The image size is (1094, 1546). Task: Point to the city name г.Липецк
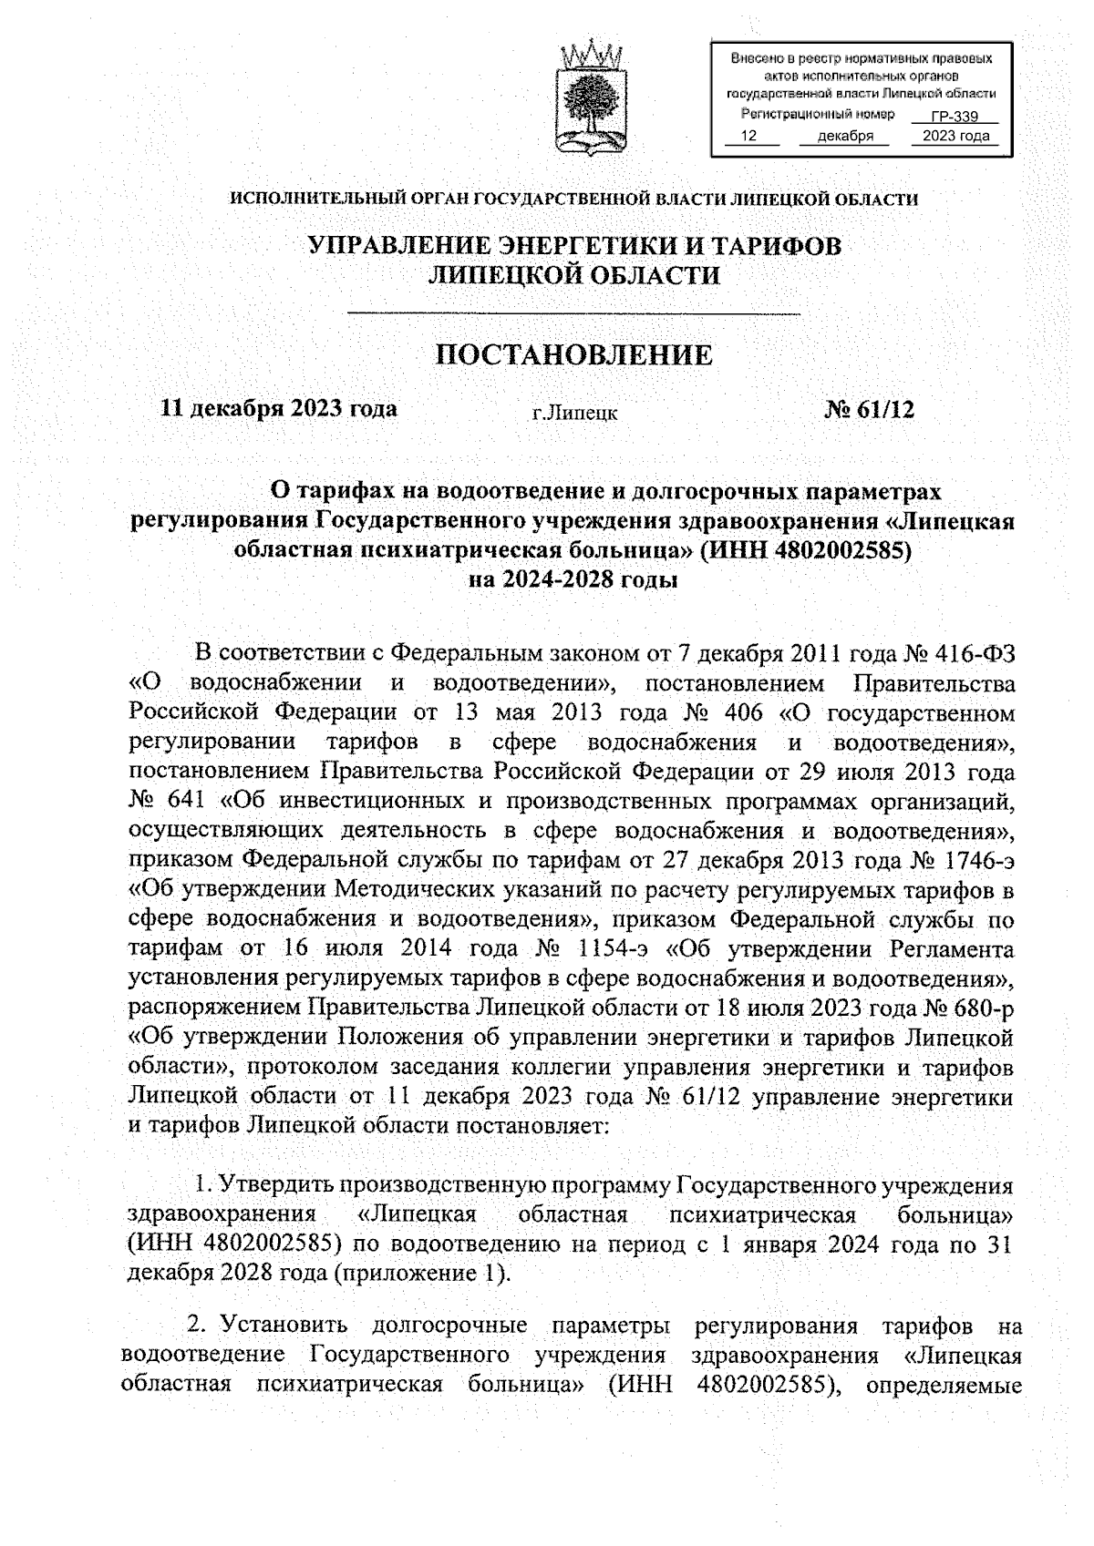point(574,414)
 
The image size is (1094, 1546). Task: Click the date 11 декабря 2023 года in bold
point(279,408)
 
